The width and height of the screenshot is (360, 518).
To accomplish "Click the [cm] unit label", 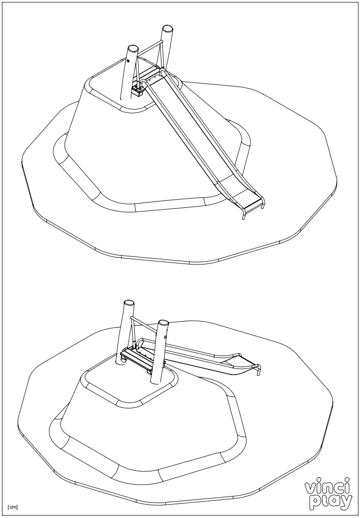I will point(13,506).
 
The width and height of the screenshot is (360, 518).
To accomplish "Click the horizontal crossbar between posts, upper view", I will point(149,48).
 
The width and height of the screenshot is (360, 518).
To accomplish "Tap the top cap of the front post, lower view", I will point(163,323).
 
